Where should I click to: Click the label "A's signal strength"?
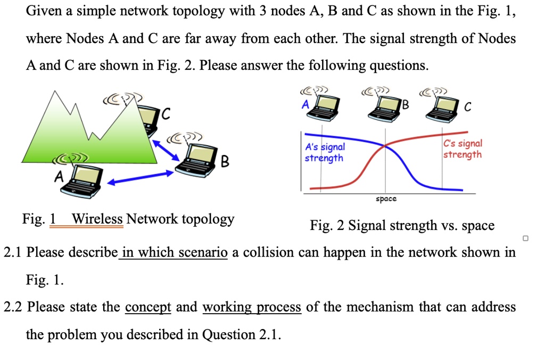point(325,152)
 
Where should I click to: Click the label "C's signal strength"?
point(463,149)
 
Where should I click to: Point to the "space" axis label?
point(386,199)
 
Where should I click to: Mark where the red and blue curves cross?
point(385,145)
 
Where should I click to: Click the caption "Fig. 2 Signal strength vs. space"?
point(402,226)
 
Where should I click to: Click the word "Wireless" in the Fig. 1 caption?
point(97,219)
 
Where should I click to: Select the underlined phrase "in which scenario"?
point(174,252)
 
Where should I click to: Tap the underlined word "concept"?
point(148,307)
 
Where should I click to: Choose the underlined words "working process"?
point(251,307)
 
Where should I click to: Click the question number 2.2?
point(13,307)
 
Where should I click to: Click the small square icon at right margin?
point(525,238)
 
